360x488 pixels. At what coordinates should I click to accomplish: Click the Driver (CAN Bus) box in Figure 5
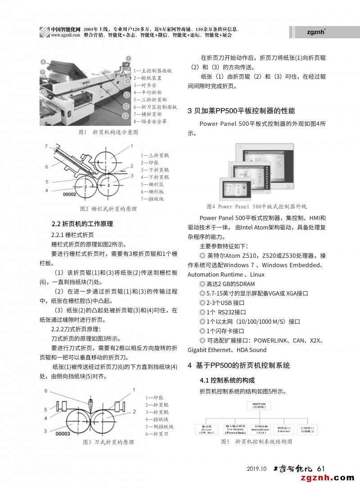(207, 430)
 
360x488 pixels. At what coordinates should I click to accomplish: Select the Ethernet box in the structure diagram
(284, 430)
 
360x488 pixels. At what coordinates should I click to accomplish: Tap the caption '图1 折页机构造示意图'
(108, 132)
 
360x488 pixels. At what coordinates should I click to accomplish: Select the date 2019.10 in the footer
(257, 469)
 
